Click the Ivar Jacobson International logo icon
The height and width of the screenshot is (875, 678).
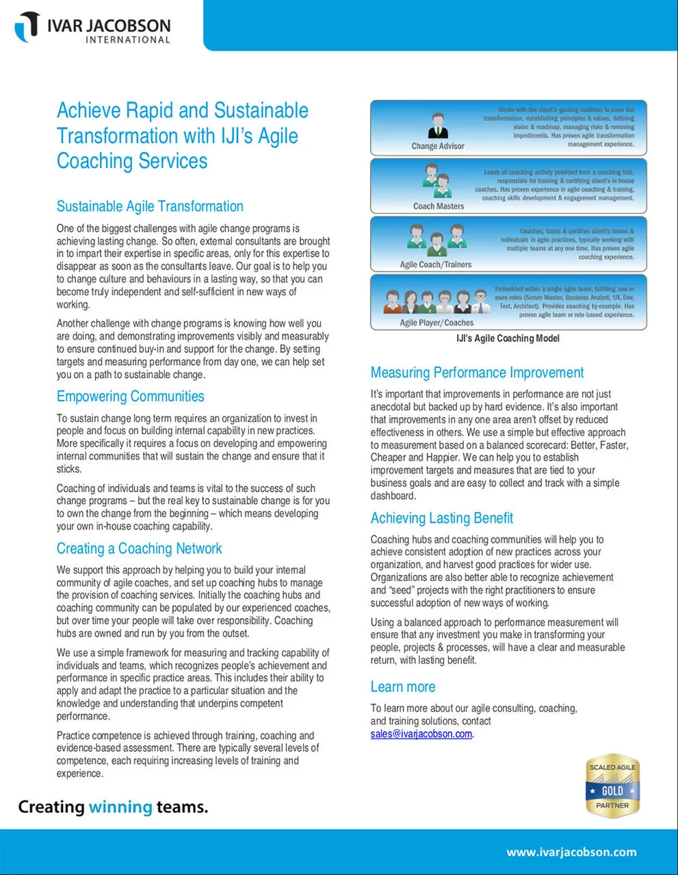pos(28,27)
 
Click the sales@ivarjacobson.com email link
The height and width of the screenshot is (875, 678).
pos(421,733)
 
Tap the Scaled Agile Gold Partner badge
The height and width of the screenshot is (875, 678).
pos(612,787)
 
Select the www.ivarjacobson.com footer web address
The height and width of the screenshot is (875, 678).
pos(571,852)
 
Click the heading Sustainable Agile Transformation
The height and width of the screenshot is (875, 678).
pos(150,206)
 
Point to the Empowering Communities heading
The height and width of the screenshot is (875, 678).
pos(130,396)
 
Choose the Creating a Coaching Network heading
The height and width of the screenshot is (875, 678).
pos(139,548)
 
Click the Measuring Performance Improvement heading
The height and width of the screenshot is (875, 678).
pos(477,373)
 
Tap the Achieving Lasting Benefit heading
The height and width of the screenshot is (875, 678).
pos(441,518)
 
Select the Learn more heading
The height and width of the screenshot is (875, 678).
pos(402,687)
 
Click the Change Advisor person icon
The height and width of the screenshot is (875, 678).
pos(438,126)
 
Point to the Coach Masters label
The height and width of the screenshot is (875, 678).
pos(439,206)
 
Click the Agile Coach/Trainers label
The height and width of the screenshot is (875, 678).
pos(436,265)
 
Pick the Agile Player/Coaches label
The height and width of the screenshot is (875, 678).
pos(436,323)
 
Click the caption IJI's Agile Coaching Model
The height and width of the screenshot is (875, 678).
pos(508,338)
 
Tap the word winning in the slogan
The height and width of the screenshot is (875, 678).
pos(120,807)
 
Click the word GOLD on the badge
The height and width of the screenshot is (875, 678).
pos(612,791)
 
